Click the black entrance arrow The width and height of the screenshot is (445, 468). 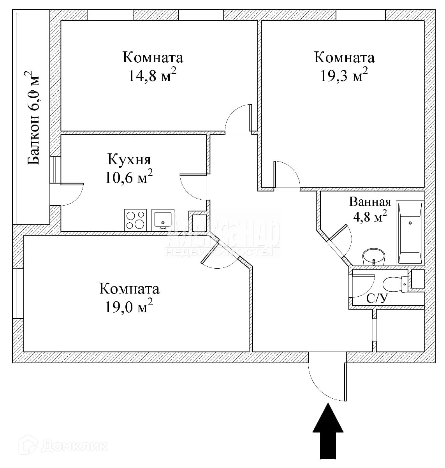[328, 432]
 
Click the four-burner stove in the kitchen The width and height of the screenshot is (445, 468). [135, 220]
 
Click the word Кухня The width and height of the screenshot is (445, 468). [129, 160]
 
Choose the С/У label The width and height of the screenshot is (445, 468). [377, 299]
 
